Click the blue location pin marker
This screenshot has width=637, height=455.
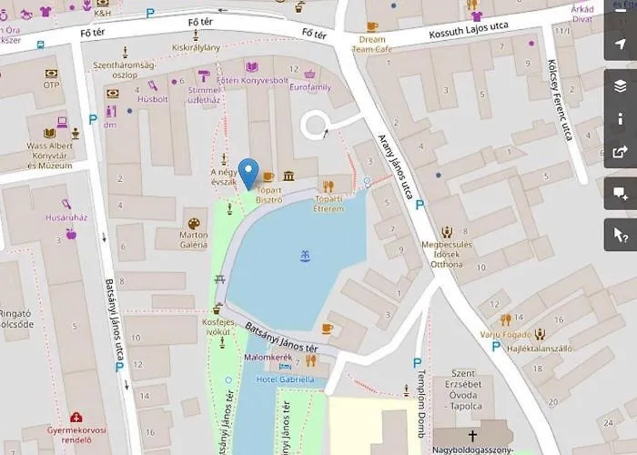(248, 172)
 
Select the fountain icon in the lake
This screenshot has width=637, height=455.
(305, 256)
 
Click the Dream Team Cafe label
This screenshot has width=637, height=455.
(372, 45)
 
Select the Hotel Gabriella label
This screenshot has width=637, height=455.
(285, 379)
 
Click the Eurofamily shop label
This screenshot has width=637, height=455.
(310, 88)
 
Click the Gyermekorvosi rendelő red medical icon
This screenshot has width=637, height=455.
(76, 418)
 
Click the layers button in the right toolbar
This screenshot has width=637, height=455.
(621, 86)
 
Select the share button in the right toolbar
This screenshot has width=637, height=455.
(621, 152)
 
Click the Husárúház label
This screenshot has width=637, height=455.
(66, 217)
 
